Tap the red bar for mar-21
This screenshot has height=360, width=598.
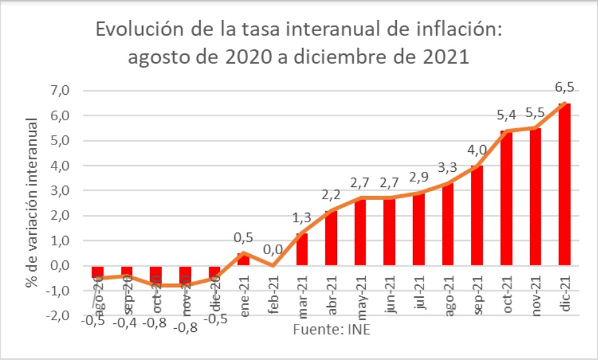point(302,249)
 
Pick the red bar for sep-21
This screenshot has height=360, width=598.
point(477,216)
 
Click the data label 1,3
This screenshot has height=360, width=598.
point(301,218)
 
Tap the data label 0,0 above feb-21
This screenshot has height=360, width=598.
point(272,250)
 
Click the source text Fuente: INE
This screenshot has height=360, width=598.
point(331,329)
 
